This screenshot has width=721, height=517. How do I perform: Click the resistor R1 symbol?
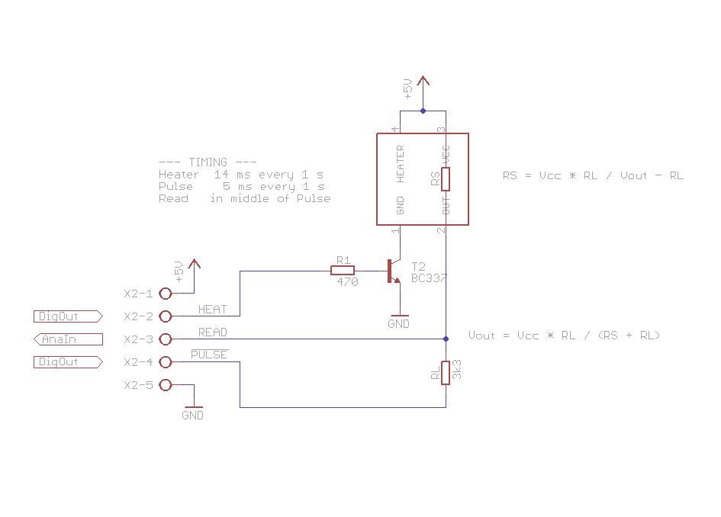342,270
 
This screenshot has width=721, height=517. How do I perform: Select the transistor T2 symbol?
393,271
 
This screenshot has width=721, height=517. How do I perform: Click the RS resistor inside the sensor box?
446,179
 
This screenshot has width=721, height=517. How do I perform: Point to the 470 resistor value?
347,281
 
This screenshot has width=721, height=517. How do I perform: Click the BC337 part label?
429,278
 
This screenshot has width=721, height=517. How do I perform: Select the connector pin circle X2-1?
166,294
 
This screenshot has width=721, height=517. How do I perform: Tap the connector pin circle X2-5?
166,385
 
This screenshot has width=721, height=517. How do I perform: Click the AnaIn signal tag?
67,339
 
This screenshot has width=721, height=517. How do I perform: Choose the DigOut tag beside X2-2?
67,316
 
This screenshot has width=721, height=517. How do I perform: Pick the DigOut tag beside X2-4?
67,362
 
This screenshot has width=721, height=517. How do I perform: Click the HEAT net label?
212,310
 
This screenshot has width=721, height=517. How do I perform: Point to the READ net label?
212,332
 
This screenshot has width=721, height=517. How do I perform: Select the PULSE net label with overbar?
209,355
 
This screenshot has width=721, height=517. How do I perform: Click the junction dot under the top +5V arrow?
423,111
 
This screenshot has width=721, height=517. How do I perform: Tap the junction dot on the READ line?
446,339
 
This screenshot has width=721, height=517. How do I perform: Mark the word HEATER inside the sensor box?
401,164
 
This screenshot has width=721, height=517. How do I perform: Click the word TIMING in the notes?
208,162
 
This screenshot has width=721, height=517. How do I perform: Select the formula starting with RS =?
593,175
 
